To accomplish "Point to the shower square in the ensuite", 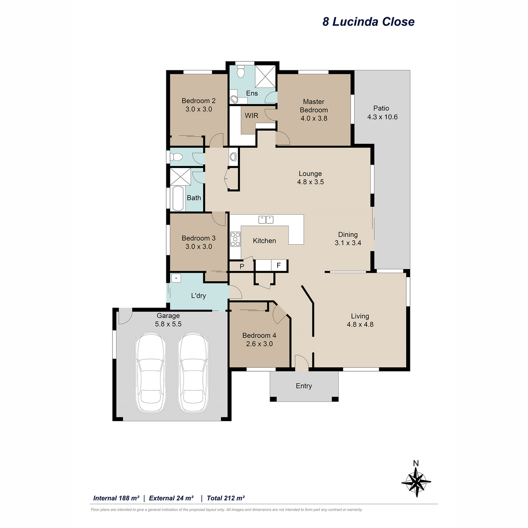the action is (265, 77).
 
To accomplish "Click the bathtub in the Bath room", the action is (178, 198).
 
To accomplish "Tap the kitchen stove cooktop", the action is (235, 239).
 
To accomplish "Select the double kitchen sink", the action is (266, 220).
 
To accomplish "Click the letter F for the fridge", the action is (279, 265).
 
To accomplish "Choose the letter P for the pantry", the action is (242, 266).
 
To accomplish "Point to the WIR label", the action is (251, 116).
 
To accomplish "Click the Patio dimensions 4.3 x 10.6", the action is (382, 117).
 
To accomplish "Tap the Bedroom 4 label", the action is (259, 335).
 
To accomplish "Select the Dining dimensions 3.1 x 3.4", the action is (348, 243).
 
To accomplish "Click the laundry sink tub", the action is (176, 278).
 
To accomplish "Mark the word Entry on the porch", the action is (304, 386).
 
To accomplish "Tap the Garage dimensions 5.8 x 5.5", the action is (168, 324).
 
